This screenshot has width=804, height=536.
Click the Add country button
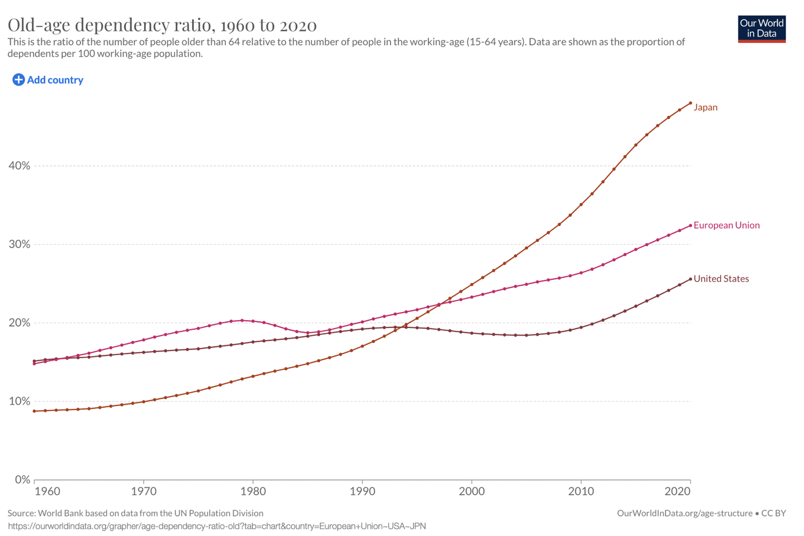pos(47,79)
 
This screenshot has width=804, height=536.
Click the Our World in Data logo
pos(761,29)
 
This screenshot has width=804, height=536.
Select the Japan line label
pos(705,107)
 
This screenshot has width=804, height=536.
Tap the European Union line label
pos(727,225)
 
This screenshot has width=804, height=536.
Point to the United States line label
pos(721,279)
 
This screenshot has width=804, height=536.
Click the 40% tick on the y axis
pos(19,166)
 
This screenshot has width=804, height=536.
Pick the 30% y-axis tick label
pos(19,244)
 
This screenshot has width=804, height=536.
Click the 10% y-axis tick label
pos(19,401)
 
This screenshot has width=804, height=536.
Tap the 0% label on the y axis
pos(22,479)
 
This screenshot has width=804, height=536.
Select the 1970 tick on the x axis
pos(144,491)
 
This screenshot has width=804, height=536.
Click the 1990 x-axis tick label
pos(362,491)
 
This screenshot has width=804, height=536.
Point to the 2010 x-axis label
pos(581,491)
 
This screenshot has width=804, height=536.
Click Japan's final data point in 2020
pos(690,103)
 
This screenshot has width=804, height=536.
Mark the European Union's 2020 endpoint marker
pos(690,226)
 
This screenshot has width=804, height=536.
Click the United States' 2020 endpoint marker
pos(690,279)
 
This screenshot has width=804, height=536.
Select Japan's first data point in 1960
pos(34,411)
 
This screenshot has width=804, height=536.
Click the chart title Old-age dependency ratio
pos(162,25)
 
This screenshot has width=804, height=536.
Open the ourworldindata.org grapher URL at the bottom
pos(217,526)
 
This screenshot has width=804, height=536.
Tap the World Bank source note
pos(136,513)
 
